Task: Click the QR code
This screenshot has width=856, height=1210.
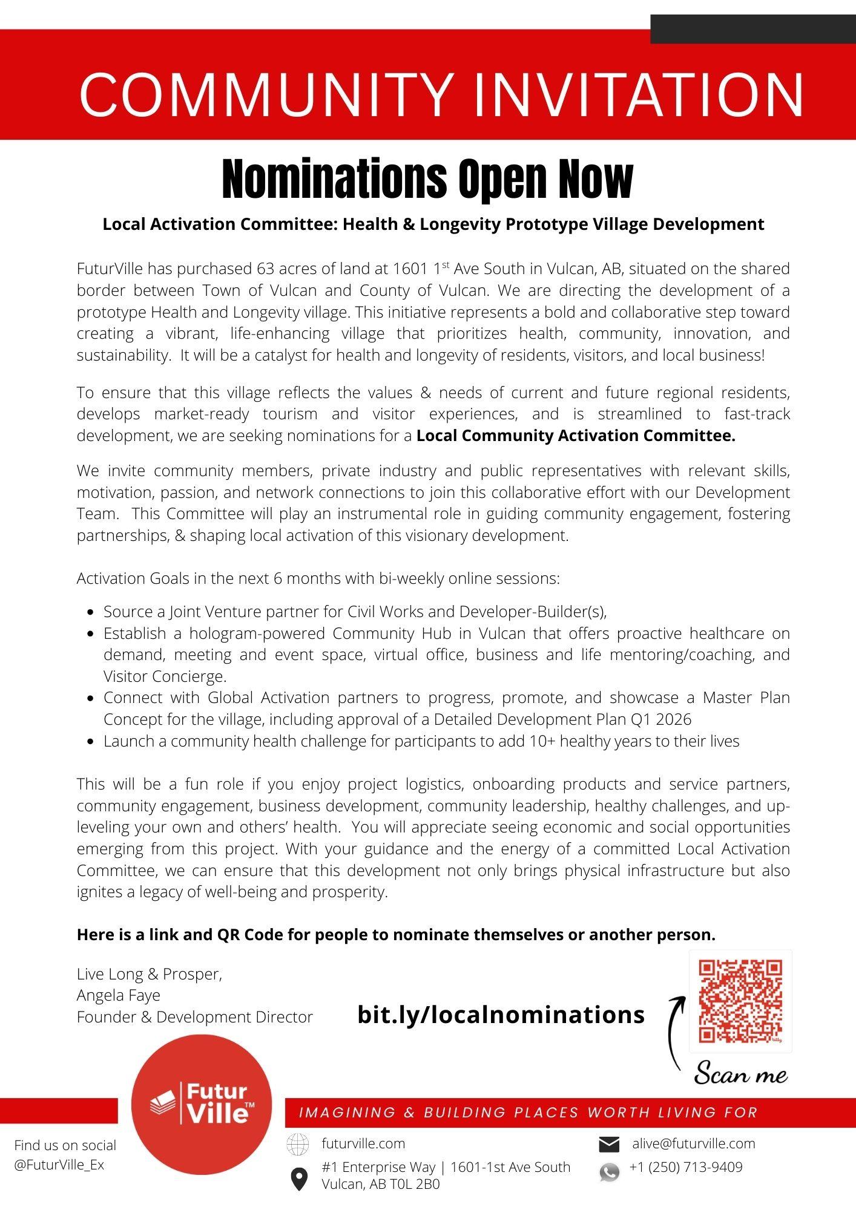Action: pyautogui.click(x=740, y=1001)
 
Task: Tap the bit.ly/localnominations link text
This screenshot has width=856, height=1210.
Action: pyautogui.click(x=501, y=1015)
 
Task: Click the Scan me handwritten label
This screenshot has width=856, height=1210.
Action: pyautogui.click(x=740, y=1074)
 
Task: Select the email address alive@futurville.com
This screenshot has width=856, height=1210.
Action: pyautogui.click(x=694, y=1143)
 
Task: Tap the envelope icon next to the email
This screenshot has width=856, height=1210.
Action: pyautogui.click(x=609, y=1144)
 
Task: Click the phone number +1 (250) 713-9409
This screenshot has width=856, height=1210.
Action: pyautogui.click(x=686, y=1167)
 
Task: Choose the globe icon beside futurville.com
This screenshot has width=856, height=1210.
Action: pyautogui.click(x=297, y=1144)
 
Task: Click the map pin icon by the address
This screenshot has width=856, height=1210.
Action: pyautogui.click(x=298, y=1179)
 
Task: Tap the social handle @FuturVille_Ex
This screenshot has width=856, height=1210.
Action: pyautogui.click(x=59, y=1165)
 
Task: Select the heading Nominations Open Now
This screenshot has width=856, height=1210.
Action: pyautogui.click(x=427, y=179)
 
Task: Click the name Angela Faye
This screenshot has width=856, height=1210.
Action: pyautogui.click(x=119, y=995)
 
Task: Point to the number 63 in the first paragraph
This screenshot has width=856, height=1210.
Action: pyautogui.click(x=266, y=269)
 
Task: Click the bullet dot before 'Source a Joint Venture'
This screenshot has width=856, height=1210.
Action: pyautogui.click(x=90, y=612)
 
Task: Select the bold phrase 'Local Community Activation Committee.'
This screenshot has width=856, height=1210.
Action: pyautogui.click(x=576, y=436)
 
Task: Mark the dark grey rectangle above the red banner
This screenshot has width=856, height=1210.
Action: pyautogui.click(x=753, y=29)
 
